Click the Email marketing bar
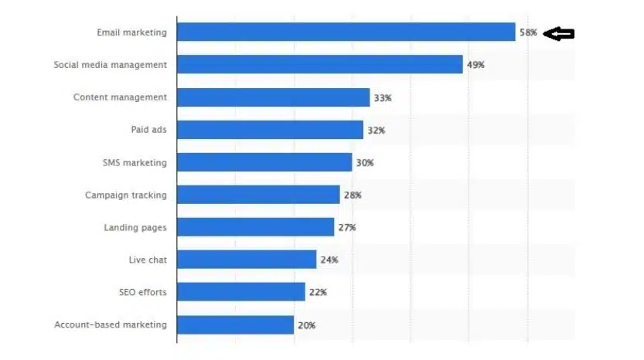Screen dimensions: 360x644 coord(346,32)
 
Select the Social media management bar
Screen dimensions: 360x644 coord(319,65)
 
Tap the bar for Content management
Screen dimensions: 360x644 coord(273,97)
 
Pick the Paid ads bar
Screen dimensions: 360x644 coord(270,130)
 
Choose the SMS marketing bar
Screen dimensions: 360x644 coord(264,162)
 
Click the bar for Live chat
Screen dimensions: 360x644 coord(247,260)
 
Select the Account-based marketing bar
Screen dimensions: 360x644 coord(235,325)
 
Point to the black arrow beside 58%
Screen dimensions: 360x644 coord(559,33)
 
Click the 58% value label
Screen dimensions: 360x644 coord(529,32)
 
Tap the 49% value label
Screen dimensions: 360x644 coord(475,65)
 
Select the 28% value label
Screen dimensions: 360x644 coord(353,195)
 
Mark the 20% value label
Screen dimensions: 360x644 coord(306,325)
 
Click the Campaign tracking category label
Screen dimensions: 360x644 coord(125,195)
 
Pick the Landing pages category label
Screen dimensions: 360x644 coord(135,228)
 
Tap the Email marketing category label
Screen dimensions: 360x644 coord(131,32)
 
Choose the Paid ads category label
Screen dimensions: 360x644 coord(148,130)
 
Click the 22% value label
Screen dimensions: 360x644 coord(318,293)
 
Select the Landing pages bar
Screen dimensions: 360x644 coord(255,227)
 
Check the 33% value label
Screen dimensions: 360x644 coord(383,97)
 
